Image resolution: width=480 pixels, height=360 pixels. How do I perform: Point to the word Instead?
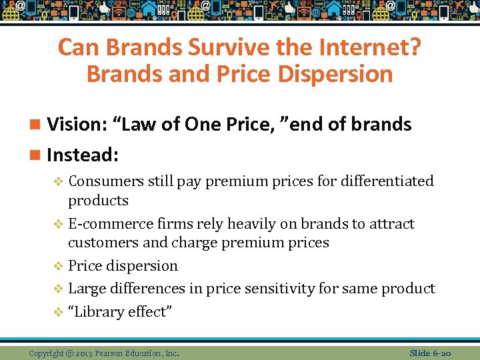click(x=83, y=155)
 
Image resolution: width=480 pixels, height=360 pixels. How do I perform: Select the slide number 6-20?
click(x=442, y=352)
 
